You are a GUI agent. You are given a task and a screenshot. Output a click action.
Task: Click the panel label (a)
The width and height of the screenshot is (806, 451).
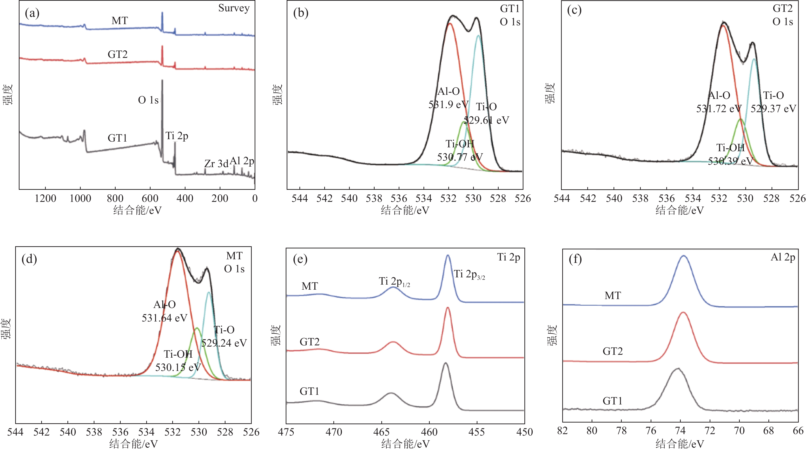[32, 14]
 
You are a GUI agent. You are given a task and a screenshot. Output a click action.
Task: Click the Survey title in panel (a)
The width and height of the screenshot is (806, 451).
[234, 8]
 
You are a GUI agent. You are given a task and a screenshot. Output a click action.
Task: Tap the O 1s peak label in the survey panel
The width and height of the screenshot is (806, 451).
[148, 100]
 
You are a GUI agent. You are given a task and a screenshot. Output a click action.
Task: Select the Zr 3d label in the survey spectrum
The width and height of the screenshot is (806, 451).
[216, 164]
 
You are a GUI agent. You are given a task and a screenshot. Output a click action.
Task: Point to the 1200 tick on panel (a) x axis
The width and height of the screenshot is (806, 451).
[46, 198]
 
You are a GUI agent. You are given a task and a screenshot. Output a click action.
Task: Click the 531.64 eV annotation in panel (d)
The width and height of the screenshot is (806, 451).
[165, 318]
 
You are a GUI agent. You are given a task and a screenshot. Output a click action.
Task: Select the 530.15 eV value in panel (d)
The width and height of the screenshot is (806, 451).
[178, 367]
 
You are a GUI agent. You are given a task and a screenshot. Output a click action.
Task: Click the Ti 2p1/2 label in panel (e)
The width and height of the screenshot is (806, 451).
[394, 281]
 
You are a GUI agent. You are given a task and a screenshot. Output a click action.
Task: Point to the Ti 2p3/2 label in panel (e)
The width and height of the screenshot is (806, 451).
[469, 274]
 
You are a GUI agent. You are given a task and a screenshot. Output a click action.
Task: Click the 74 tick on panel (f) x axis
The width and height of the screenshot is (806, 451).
[680, 431]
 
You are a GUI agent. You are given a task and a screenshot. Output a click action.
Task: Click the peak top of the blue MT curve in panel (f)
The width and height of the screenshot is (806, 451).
[683, 256]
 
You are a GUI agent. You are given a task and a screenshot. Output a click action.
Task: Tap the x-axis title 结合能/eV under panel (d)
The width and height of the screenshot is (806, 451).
[133, 444]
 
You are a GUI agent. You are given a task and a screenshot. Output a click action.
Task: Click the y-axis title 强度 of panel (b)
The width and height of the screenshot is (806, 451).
[277, 94]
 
